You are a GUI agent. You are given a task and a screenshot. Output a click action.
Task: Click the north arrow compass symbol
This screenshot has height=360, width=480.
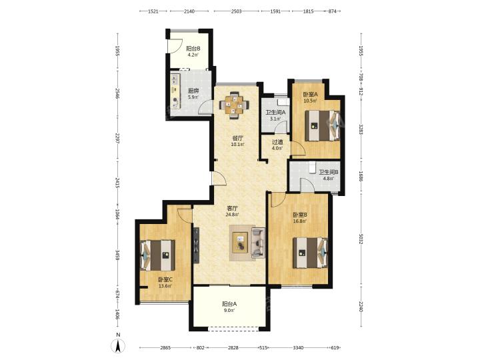(118, 345)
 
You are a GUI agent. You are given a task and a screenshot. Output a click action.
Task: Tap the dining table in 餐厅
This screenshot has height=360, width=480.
(234, 105)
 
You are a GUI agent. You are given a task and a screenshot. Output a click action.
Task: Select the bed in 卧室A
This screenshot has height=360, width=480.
(323, 125)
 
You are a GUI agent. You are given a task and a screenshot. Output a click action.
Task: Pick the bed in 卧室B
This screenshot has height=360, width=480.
(311, 253)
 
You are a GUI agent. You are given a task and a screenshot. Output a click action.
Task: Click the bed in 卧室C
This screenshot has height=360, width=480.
(157, 255)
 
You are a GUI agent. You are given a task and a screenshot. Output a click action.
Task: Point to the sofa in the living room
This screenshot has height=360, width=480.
(258, 242)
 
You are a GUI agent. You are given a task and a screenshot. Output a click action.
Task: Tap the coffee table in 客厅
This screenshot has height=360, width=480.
(241, 243)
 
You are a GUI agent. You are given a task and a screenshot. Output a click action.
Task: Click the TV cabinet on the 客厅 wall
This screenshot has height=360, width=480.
(196, 245)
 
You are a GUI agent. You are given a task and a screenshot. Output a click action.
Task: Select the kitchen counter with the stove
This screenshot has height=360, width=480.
(175, 91)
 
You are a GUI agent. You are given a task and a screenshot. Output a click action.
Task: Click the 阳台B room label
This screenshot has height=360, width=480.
(193, 49)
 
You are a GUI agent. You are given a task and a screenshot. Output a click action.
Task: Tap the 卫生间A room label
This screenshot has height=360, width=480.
(275, 113)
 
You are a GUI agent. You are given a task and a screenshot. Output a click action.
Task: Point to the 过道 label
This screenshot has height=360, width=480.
(277, 142)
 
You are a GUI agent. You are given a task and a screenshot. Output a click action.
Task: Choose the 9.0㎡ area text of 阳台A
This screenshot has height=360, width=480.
(229, 311)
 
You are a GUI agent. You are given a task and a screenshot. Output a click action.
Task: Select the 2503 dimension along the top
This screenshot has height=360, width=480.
(236, 11)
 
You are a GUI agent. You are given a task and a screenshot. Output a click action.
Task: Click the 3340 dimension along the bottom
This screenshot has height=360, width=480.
(298, 348)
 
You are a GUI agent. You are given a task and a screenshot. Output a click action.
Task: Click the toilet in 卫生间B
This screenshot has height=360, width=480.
(312, 167)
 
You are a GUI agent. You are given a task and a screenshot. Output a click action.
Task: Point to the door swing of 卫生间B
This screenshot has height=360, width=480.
(307, 185)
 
